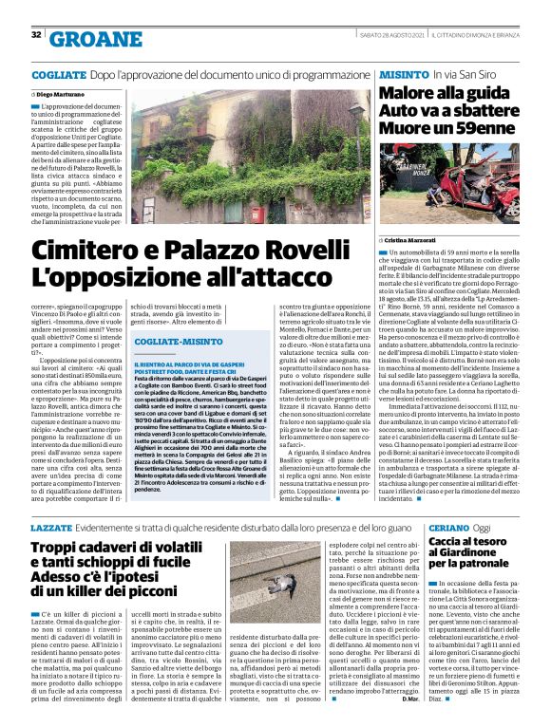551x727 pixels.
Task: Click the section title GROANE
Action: [90, 37]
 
